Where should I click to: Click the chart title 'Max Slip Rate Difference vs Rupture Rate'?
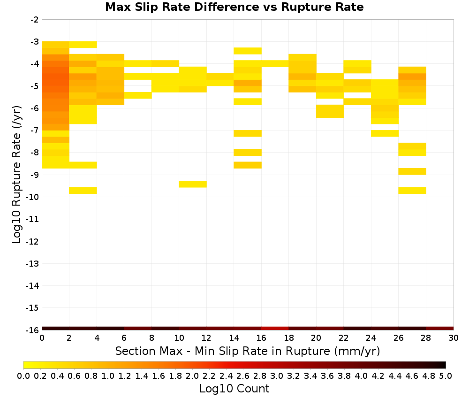pyautogui.click(x=234, y=7)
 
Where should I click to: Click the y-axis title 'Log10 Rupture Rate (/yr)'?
pyautogui.click(x=17, y=175)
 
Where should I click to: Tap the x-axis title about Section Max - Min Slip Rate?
pyautogui.click(x=247, y=351)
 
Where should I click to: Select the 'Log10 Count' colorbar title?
pyautogui.click(x=234, y=389)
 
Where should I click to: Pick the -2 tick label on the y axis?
pyautogui.click(x=34, y=20)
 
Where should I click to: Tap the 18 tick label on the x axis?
pyautogui.click(x=288, y=338)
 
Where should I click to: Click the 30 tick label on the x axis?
pyautogui.click(x=454, y=338)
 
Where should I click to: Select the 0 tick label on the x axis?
pyautogui.click(x=42, y=338)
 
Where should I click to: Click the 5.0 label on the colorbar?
pyautogui.click(x=446, y=376)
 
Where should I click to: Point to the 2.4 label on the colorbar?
pyautogui.click(x=226, y=376)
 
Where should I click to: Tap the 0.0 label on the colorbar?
pyautogui.click(x=23, y=376)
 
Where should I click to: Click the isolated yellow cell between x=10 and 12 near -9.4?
pyautogui.click(x=193, y=184)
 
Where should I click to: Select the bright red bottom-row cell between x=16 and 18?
pyautogui.click(x=275, y=329)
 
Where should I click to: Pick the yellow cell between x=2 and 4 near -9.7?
pyautogui.click(x=83, y=191)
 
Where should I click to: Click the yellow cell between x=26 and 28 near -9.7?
pyautogui.click(x=412, y=191)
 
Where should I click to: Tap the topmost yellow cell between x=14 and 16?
pyautogui.click(x=248, y=51)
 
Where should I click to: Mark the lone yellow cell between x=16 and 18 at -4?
pyautogui.click(x=275, y=63)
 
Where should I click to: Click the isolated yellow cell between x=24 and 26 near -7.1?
pyautogui.click(x=385, y=133)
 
